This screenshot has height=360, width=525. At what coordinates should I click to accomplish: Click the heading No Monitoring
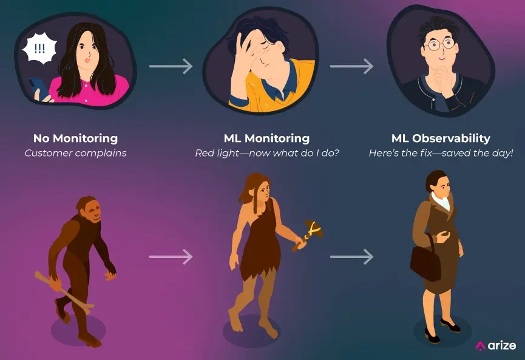click(x=75, y=138)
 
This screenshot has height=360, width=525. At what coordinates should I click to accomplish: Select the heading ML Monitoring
click(x=266, y=138)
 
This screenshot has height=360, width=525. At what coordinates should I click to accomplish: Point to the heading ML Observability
click(x=440, y=138)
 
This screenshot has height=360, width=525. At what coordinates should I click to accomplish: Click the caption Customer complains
click(x=75, y=153)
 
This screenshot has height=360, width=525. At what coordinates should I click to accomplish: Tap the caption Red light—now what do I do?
click(x=266, y=153)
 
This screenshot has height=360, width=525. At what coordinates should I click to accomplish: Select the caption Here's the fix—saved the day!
click(x=440, y=153)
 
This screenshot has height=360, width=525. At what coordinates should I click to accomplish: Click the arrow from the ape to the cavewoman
click(x=171, y=257)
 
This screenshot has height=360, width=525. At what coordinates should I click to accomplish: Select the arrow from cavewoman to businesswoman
click(x=351, y=257)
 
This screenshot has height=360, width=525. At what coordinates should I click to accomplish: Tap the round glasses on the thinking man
click(x=439, y=44)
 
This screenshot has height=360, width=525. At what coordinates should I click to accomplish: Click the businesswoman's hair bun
click(x=430, y=178)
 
